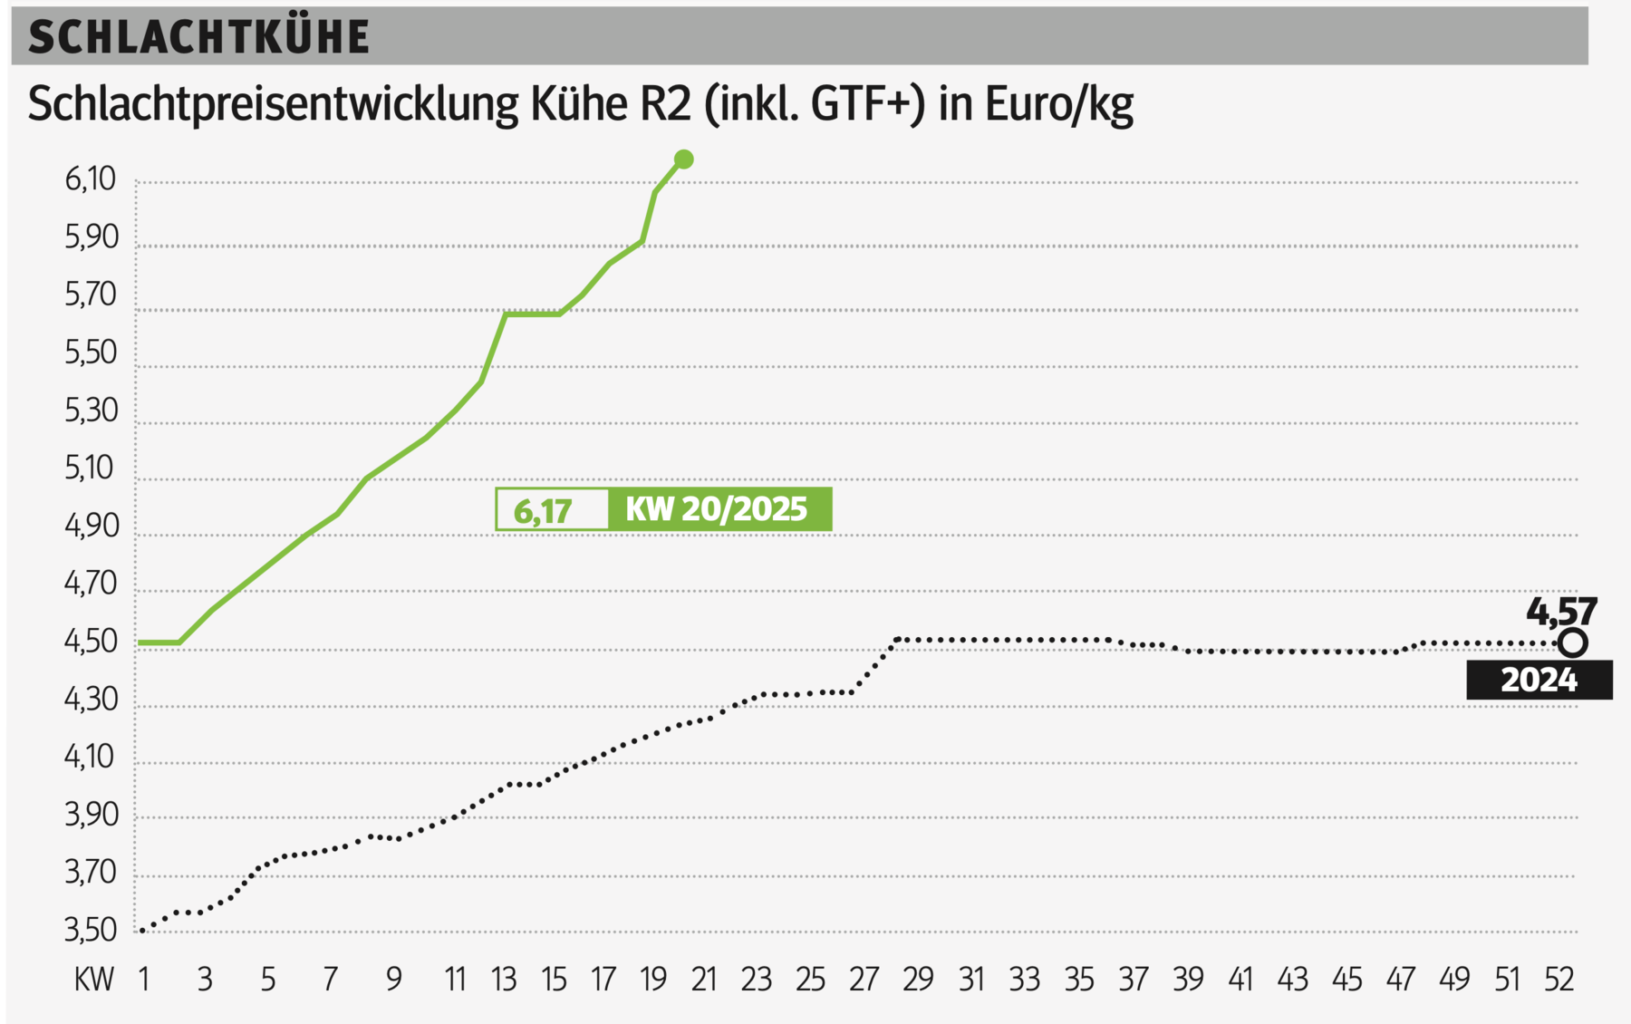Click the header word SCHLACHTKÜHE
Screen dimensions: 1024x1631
[x=198, y=38]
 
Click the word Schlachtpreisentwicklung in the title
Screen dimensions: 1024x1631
[x=273, y=105]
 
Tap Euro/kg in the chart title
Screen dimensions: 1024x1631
[x=1058, y=105]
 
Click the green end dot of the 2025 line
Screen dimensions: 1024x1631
[x=684, y=159]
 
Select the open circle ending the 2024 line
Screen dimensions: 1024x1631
[x=1573, y=643]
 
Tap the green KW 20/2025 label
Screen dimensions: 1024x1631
[x=718, y=509]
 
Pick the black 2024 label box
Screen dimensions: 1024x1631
[x=1539, y=680]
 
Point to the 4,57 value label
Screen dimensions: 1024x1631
[x=1560, y=612]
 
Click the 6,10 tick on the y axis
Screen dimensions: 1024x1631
[x=91, y=179]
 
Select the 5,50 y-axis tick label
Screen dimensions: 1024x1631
[x=91, y=353]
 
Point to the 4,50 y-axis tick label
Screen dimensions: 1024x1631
[x=91, y=642]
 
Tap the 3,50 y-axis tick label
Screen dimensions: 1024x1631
[x=91, y=930]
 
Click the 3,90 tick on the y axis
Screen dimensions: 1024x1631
[x=91, y=815]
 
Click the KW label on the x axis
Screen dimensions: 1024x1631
[x=94, y=980]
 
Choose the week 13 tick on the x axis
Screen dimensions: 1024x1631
[x=504, y=980]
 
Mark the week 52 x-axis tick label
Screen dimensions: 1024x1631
[x=1559, y=980]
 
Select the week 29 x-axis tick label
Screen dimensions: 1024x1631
[x=917, y=980]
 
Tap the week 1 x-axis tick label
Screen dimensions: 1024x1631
[x=143, y=980]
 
